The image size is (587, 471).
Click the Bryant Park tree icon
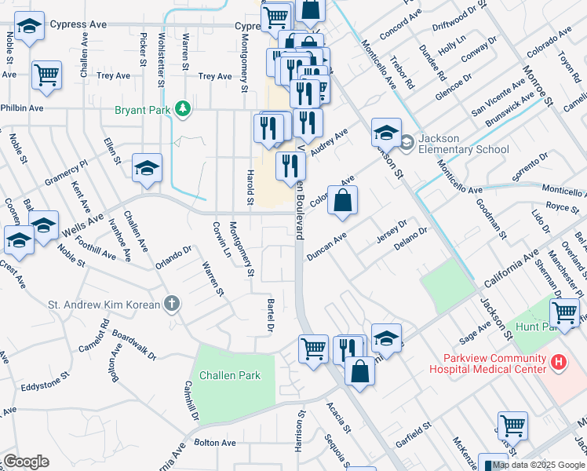[x=183, y=109]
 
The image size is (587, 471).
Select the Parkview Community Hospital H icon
[x=558, y=362]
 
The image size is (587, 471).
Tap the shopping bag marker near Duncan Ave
[x=343, y=201]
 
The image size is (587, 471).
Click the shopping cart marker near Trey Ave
[x=47, y=75]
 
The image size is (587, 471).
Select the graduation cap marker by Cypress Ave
[x=29, y=29]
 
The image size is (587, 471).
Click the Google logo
[x=25, y=462]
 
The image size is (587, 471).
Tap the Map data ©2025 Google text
[x=538, y=465]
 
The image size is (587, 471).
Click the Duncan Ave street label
[x=326, y=248]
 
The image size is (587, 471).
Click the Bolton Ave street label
[x=214, y=443]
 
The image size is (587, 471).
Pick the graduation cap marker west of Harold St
[x=147, y=169]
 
